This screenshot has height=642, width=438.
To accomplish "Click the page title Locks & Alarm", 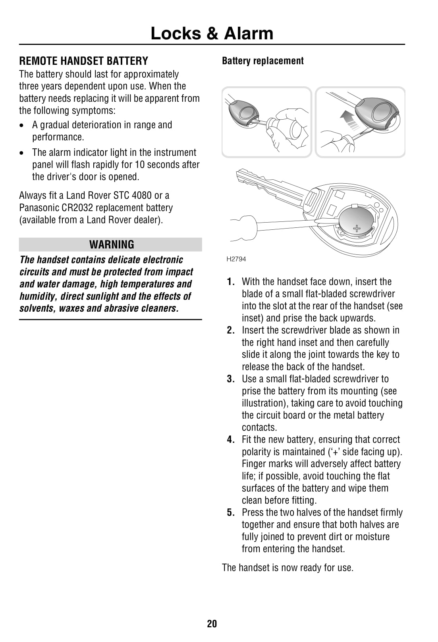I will coord(212,33).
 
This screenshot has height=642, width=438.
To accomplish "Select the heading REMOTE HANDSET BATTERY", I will coord(84,61).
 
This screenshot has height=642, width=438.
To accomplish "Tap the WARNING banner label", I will coord(112,244).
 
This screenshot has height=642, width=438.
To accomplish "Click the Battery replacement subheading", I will coord(262,61).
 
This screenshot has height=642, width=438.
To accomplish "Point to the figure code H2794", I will coord(236,259).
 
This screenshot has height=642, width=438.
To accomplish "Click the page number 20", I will coord(212,623).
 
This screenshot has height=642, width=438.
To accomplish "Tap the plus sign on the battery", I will coord(357,228).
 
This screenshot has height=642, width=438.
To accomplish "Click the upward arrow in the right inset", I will coord(346,118).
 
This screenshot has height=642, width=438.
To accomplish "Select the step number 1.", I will coord(231,282).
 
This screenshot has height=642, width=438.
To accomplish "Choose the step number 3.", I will coord(231,379).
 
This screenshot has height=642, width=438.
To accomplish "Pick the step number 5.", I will coord(231,512).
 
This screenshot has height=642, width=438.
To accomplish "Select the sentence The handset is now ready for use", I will coord(287,567).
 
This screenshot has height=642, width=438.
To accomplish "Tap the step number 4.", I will coord(231,440).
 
